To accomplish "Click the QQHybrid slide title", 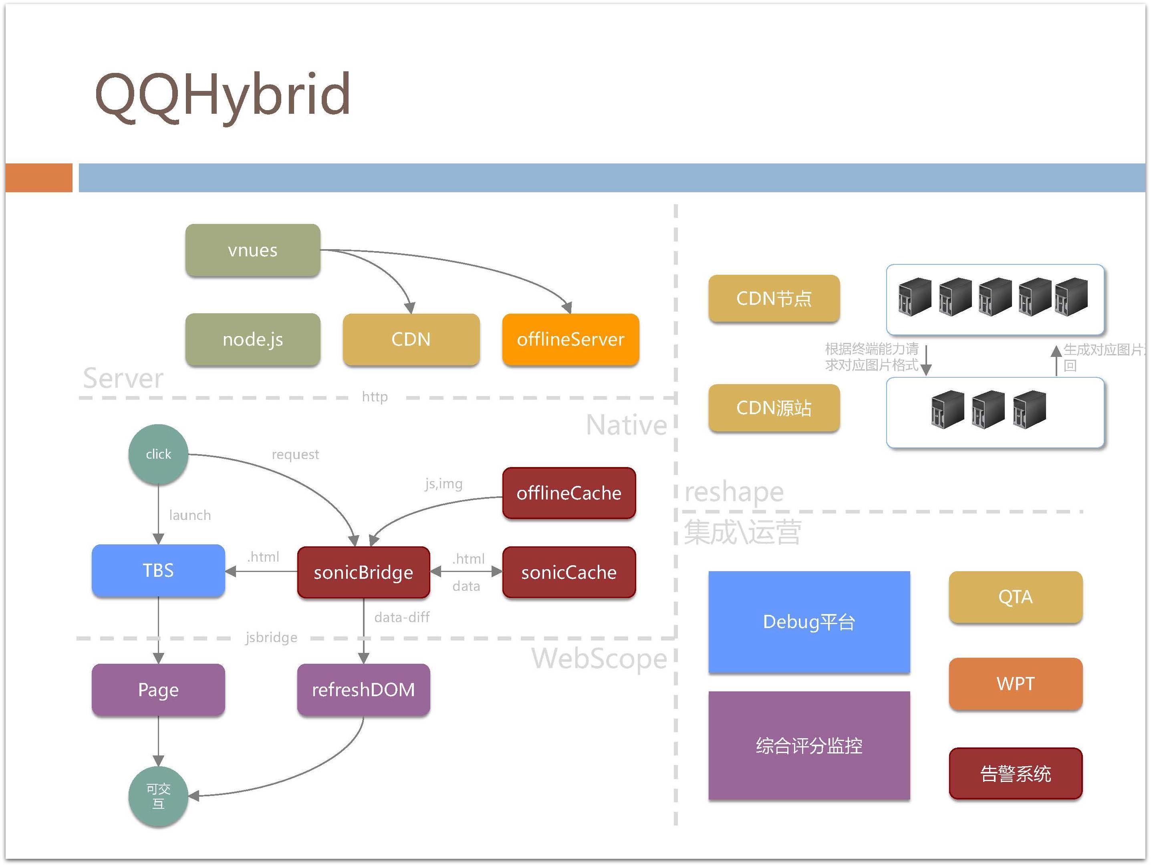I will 223,96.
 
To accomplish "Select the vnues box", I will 253,250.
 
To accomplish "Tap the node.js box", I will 253,339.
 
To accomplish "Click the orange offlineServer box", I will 570,339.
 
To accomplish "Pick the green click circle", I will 158,454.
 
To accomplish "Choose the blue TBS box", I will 158,570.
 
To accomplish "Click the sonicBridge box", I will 363,572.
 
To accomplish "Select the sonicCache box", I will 569,572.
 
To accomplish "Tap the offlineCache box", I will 569,493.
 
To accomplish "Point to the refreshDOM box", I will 363,689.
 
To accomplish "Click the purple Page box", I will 158,689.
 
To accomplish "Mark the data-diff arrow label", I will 402,617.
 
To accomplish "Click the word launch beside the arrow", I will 190,515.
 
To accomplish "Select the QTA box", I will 1015,596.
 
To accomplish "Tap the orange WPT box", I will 1015,683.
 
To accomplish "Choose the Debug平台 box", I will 809,622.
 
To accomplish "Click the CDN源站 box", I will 774,408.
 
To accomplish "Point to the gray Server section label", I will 123,378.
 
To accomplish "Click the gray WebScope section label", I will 599,659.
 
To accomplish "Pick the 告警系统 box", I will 1015,773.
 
